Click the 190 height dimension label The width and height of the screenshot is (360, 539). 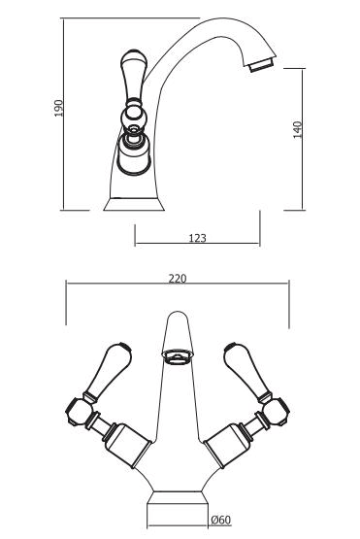tap(59, 108)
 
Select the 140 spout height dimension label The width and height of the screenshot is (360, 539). tap(298, 129)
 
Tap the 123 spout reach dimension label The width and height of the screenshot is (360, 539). tap(198, 238)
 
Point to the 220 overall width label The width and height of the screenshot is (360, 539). tap(178, 278)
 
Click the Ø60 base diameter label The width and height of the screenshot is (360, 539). tap(221, 520)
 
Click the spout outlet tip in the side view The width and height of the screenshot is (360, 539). tap(263, 65)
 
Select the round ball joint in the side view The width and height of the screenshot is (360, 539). tap(134, 117)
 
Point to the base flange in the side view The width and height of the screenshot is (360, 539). tap(134, 204)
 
